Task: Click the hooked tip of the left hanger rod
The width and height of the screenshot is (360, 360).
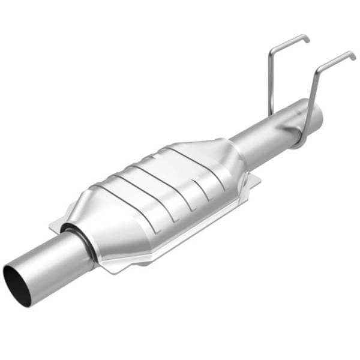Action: pos(307,38)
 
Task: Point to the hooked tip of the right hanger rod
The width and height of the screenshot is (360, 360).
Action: pos(353,55)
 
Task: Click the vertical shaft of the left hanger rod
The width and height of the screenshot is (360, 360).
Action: pos(271,84)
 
